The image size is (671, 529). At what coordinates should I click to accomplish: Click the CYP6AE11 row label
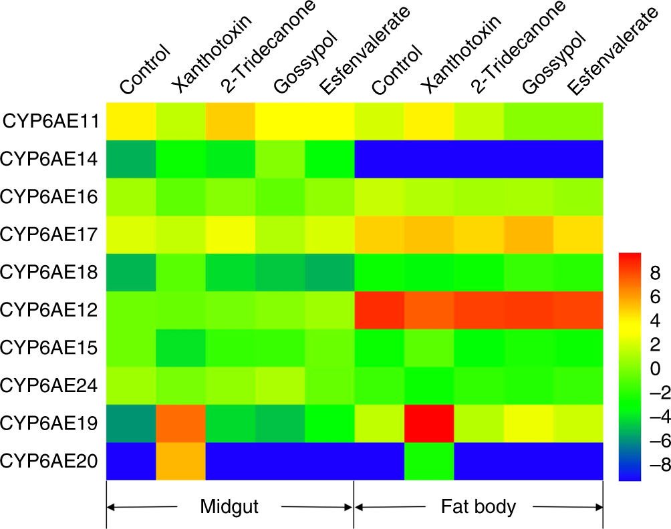point(51,122)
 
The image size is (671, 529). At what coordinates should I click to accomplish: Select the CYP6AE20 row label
point(51,461)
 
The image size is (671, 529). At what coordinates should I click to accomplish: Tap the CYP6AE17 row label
point(51,234)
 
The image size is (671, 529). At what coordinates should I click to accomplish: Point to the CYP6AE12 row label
point(51,310)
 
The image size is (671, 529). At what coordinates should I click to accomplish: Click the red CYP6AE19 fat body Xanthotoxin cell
point(428,423)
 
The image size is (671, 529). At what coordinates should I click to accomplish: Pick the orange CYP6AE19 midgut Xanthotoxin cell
point(180,423)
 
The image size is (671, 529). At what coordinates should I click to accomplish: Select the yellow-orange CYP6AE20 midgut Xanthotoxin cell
point(180,461)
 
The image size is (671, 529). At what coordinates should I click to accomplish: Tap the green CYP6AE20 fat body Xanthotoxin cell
point(428,461)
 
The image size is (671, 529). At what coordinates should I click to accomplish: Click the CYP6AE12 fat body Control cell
point(379,310)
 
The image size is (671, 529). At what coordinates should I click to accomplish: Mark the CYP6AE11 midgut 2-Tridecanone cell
point(230,121)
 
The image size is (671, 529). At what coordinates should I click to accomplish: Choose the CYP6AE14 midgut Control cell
point(131,159)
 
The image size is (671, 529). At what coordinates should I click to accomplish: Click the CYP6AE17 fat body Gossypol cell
point(528,234)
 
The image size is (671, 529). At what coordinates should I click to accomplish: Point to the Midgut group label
point(229,506)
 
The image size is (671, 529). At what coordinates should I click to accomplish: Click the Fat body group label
point(479,506)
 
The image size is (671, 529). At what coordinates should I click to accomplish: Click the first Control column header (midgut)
point(144,70)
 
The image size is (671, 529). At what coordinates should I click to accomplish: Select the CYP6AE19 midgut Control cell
point(131,423)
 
